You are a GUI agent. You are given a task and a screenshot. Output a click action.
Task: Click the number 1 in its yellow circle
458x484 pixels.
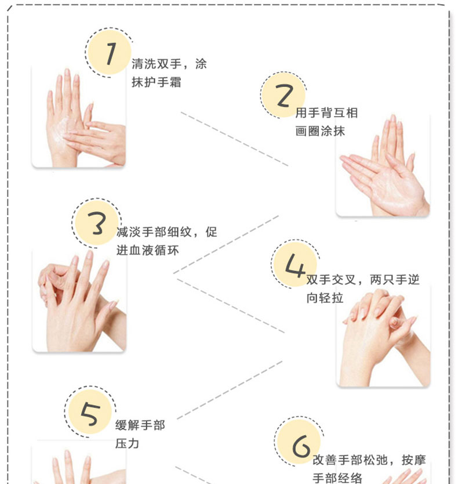pyautogui.click(x=110, y=53)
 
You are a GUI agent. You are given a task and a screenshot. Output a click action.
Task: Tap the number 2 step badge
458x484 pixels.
pyautogui.click(x=283, y=95)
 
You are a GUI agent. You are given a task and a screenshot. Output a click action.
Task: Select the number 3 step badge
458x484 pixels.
pyautogui.click(x=97, y=223)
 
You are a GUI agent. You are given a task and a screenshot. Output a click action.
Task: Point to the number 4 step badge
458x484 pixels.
pyautogui.click(x=295, y=265)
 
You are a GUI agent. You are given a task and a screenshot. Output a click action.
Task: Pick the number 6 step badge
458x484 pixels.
pyautogui.click(x=299, y=442)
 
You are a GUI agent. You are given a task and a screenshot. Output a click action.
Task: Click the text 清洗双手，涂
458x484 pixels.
pyautogui.click(x=169, y=64)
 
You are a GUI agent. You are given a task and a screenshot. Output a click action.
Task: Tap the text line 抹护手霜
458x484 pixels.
pyautogui.click(x=157, y=82)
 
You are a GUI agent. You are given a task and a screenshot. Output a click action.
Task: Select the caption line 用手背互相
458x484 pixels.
pyautogui.click(x=326, y=113)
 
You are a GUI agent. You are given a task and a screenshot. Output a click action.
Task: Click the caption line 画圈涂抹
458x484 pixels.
pyautogui.click(x=320, y=131)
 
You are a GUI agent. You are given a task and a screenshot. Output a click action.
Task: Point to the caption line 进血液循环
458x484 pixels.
pyautogui.click(x=147, y=250)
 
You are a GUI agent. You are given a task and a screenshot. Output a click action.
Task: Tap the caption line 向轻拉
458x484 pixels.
pyautogui.click(x=325, y=298)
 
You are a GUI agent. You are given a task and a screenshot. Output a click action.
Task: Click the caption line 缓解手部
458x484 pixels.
pyautogui.click(x=140, y=425)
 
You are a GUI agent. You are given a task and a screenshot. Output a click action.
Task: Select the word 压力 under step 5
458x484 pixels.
pyautogui.click(x=128, y=443)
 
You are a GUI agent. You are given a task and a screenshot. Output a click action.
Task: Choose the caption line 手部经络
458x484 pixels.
pyautogui.click(x=337, y=478)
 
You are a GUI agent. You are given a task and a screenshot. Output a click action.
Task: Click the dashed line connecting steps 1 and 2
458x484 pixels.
pyautogui.click(x=234, y=139)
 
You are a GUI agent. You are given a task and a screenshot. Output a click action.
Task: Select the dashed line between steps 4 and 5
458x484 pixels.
pyautogui.click(x=230, y=390)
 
